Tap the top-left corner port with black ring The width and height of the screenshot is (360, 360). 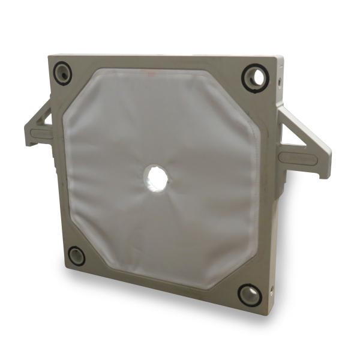[62, 73]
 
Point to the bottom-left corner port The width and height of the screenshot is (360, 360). [76, 256]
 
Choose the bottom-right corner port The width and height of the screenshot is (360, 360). [250, 294]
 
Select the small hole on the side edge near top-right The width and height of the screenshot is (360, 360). [279, 79]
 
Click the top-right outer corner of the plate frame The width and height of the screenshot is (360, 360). [282, 59]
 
